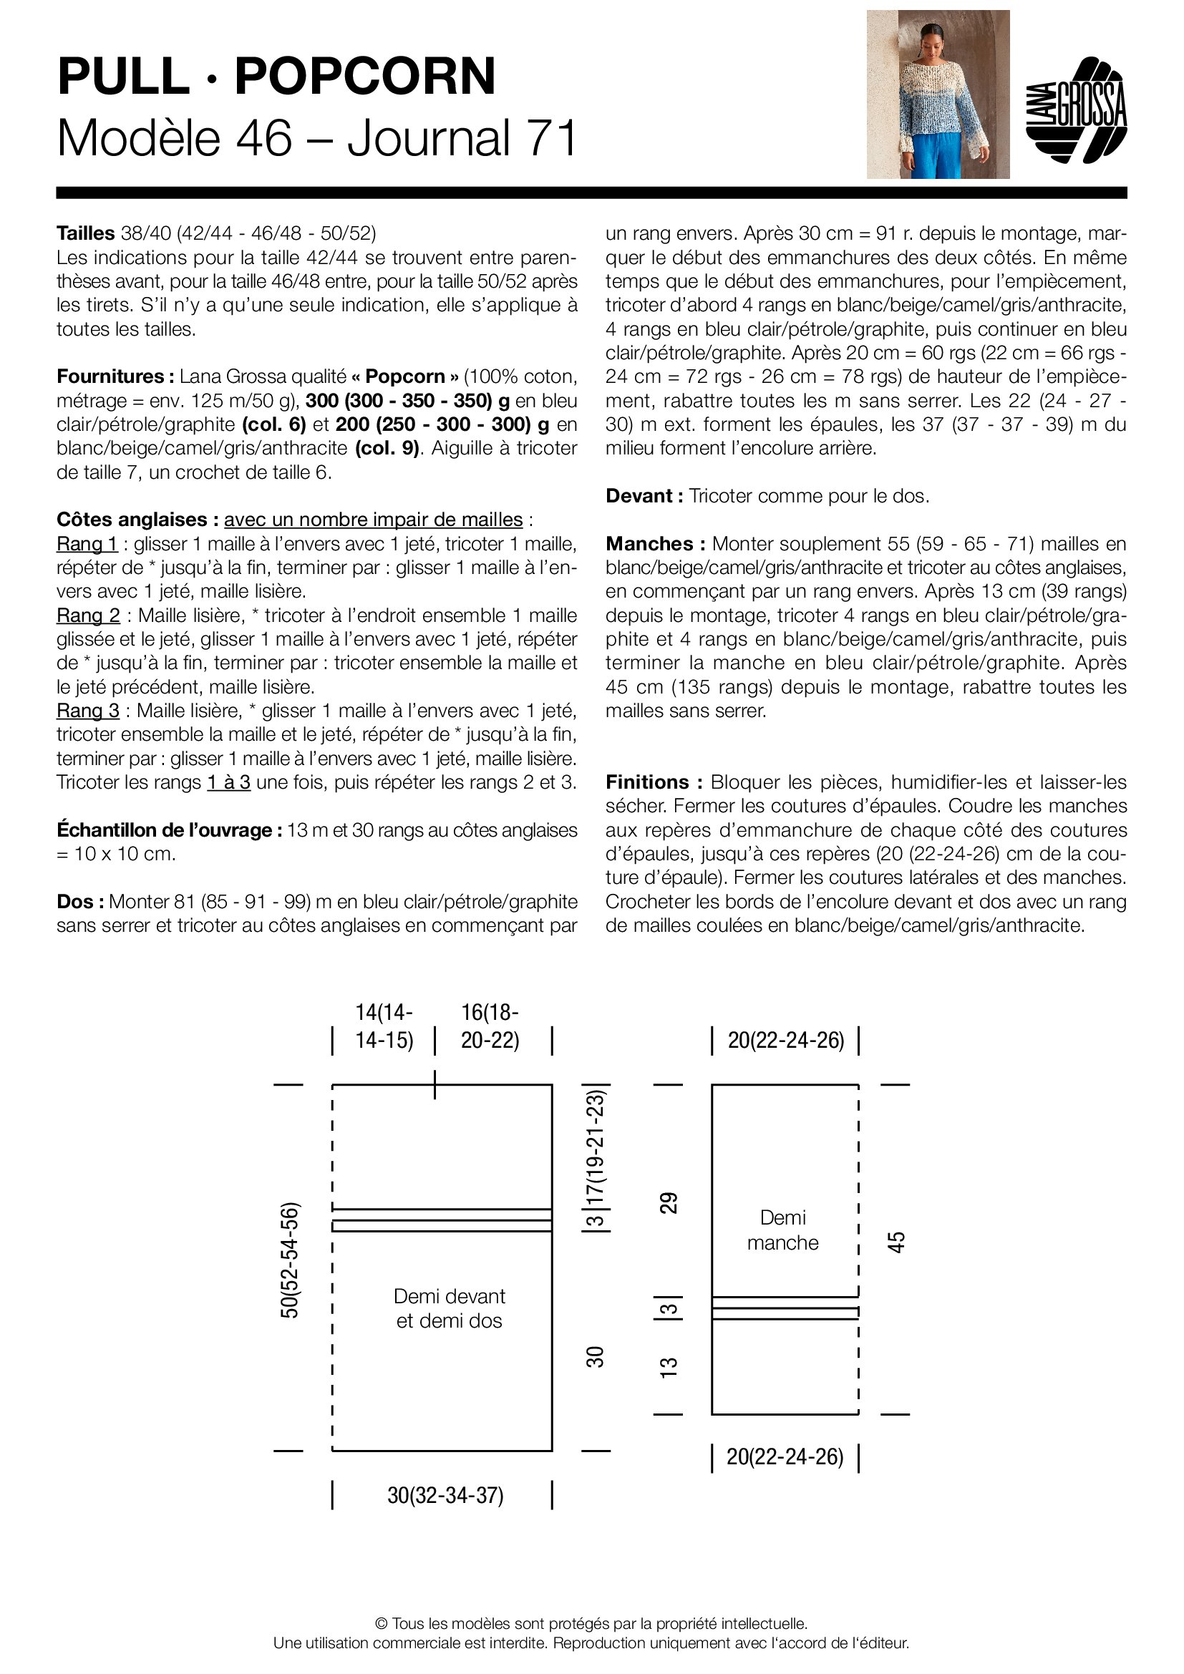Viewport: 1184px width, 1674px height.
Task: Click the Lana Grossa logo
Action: (1076, 110)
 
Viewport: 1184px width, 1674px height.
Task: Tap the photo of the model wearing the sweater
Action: (938, 94)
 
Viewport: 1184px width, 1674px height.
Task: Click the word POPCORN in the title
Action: (364, 76)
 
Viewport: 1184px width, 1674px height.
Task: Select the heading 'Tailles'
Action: (85, 233)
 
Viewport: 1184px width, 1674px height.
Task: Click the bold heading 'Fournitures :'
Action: (115, 376)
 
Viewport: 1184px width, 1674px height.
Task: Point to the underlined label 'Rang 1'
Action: (87, 544)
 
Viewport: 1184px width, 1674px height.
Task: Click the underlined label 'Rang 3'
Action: (87, 710)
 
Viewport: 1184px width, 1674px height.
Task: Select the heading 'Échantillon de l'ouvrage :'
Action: (169, 829)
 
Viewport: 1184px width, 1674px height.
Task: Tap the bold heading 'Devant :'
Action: (644, 496)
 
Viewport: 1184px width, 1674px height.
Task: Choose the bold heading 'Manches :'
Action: (656, 544)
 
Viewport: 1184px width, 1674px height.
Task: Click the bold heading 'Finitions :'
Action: (654, 782)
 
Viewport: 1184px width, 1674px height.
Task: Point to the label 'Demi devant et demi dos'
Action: (449, 1308)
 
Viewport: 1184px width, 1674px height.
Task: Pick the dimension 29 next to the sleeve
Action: (669, 1202)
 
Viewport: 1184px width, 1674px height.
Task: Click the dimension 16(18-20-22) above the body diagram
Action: (490, 1026)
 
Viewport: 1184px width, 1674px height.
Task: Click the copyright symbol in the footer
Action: (381, 1624)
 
